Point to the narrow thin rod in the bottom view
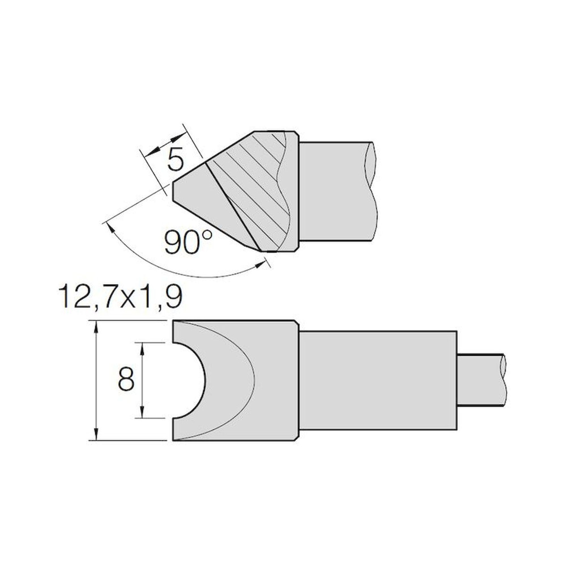481,380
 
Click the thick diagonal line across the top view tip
232,202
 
